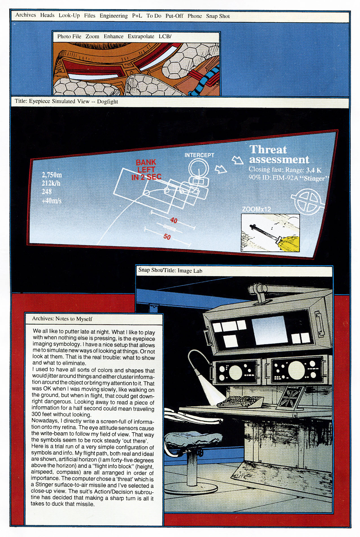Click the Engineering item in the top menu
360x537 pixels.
coord(114,16)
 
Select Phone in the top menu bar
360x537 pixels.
coord(195,16)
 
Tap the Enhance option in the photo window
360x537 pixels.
coord(113,36)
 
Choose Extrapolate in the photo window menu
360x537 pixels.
coord(141,36)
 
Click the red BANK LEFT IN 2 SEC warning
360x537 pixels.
coord(146,170)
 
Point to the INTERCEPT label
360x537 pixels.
coord(199,155)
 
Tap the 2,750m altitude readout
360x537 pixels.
coord(52,175)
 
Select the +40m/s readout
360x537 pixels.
coord(51,201)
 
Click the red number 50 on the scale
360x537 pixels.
coord(167,237)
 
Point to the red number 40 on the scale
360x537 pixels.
coord(174,220)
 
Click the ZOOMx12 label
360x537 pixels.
coord(256,209)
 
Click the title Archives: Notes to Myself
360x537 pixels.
coord(62,319)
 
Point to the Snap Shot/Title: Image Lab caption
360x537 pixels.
coord(170,270)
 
